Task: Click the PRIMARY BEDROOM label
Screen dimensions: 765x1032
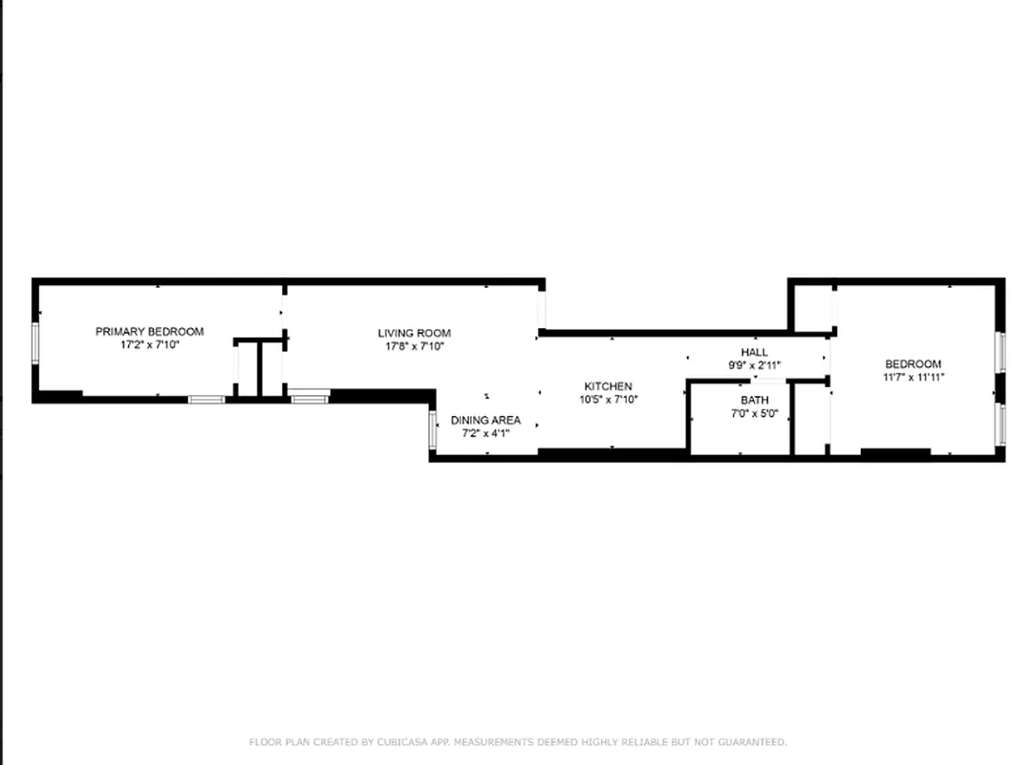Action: click(149, 332)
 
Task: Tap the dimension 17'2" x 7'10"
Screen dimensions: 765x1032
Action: click(149, 344)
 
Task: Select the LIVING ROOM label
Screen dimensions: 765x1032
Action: click(414, 334)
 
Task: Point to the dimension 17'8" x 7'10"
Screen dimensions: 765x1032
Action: click(414, 346)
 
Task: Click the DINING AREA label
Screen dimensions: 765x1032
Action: click(485, 420)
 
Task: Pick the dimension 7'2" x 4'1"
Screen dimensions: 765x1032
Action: click(485, 432)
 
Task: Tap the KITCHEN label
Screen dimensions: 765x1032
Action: click(608, 386)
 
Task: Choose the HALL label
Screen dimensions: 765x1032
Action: click(754, 352)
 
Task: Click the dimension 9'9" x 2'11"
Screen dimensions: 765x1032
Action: click(754, 364)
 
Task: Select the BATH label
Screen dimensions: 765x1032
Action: click(754, 400)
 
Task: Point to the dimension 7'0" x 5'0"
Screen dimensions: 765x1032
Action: click(754, 413)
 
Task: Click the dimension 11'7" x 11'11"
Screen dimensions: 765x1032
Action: click(913, 377)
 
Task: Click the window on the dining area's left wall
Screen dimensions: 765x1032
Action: click(433, 429)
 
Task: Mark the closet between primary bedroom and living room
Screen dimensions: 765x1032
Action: click(247, 368)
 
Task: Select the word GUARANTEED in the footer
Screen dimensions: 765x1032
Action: click(754, 742)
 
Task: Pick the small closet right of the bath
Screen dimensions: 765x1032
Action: click(810, 419)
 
